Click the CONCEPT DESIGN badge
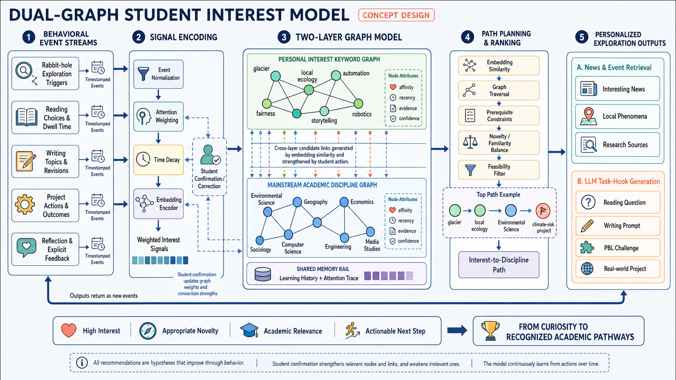pyautogui.click(x=396, y=15)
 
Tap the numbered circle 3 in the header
pyautogui.click(x=284, y=37)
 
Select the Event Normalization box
pyautogui.click(x=158, y=74)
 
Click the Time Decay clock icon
pyautogui.click(x=143, y=160)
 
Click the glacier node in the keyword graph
pyautogui.click(x=275, y=76)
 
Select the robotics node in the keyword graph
pyautogui.click(x=358, y=104)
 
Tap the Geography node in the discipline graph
pyautogui.click(x=297, y=202)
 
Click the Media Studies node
pyautogui.click(x=370, y=232)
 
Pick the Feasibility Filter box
pyautogui.click(x=499, y=170)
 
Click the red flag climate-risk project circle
pyautogui.click(x=543, y=211)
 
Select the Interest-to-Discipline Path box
pyautogui.click(x=499, y=265)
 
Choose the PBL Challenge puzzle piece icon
pyautogui.click(x=587, y=248)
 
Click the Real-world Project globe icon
pyautogui.click(x=587, y=269)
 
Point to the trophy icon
pyautogui.click(x=490, y=331)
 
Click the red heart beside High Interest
pyautogui.click(x=69, y=330)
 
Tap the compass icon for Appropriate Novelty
pyautogui.click(x=148, y=331)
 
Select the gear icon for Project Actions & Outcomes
pyautogui.click(x=25, y=205)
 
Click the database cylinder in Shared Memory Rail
pyautogui.click(x=262, y=274)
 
